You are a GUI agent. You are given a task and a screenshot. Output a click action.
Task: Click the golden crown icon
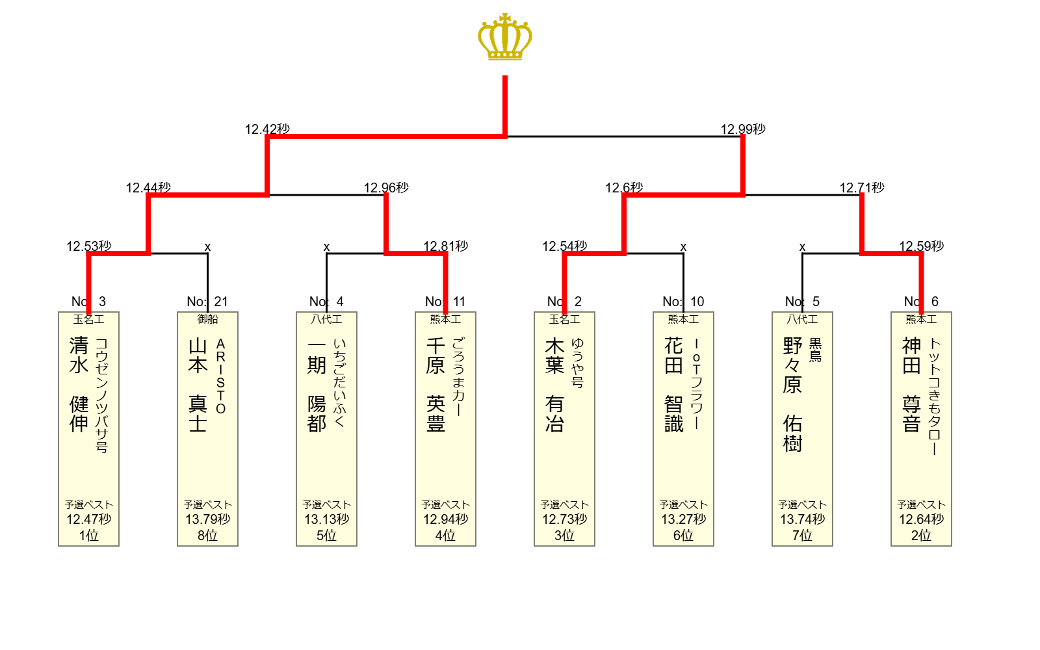505,36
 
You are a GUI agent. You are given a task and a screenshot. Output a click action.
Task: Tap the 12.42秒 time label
267,129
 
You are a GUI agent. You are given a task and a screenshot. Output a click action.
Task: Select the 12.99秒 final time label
743,129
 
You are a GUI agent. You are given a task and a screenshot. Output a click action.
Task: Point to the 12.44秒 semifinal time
149,188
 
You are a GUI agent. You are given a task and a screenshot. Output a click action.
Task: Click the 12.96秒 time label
386,188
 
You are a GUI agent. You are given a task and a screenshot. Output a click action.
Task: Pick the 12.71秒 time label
862,188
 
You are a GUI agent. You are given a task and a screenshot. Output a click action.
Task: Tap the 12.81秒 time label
446,246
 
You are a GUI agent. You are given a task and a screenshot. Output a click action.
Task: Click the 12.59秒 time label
921,246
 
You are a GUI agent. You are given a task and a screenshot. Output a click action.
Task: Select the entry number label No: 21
207,302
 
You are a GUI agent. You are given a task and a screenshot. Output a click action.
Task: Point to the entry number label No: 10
683,302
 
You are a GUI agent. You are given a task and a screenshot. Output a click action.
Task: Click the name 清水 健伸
79,385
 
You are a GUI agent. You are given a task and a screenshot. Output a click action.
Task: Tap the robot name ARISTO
220,376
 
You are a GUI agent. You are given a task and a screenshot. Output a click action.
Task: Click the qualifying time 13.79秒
207,519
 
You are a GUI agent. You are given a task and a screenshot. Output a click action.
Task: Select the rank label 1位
88,536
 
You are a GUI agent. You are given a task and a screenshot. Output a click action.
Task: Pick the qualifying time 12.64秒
921,519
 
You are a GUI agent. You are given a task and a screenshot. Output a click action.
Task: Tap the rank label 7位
802,536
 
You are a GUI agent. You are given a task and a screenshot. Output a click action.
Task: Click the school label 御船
207,319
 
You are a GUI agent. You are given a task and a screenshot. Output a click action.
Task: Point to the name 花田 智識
673,385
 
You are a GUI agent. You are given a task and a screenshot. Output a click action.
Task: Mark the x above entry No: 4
326,247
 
